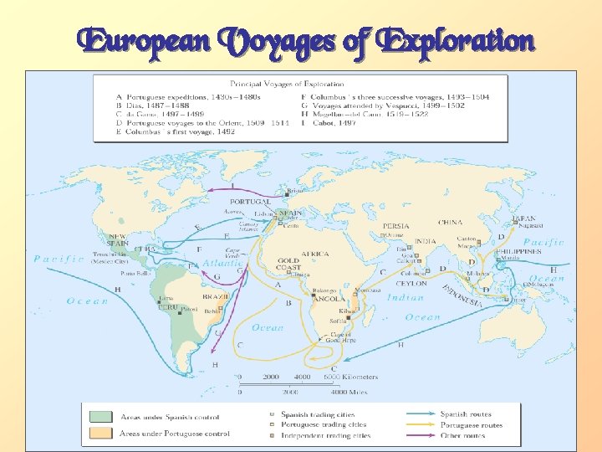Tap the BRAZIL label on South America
[x=215, y=296]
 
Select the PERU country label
[x=168, y=306]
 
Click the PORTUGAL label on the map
[x=250, y=202]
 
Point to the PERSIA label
[x=395, y=226]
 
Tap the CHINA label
[x=450, y=223]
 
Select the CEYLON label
[x=411, y=283]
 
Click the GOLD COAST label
[x=288, y=264]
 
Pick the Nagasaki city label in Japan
[x=530, y=225]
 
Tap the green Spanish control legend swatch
[x=100, y=416]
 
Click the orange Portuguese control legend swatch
[x=100, y=434]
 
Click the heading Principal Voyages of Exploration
[x=299, y=83]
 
